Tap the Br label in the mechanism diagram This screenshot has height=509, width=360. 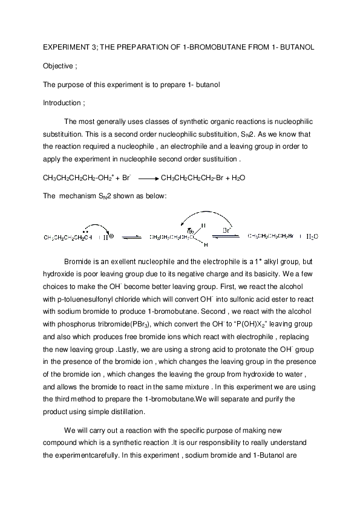tap(227, 230)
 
